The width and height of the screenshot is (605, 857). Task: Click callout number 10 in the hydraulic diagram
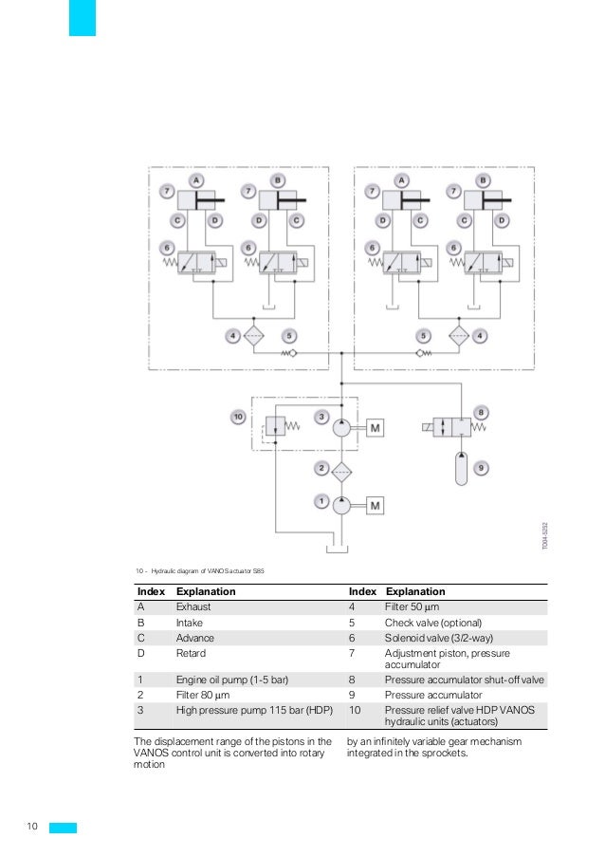coord(239,417)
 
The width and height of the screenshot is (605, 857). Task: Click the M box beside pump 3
coord(376,429)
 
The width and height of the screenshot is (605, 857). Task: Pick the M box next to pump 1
coord(376,506)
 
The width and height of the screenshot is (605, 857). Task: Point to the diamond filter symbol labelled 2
coord(341,469)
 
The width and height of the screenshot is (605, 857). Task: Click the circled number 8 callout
coord(481,412)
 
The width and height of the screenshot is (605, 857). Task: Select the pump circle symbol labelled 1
coord(340,506)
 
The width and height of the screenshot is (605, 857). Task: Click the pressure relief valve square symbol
coord(275,428)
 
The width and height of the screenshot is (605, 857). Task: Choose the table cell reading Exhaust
coord(193,605)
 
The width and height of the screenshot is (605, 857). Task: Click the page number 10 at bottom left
coord(31,828)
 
